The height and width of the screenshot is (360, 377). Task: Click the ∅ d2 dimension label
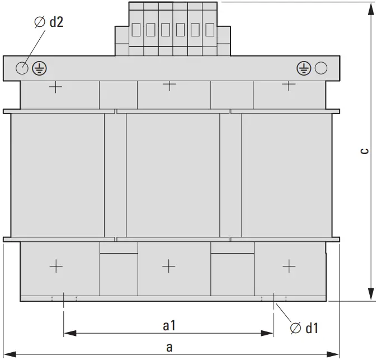pos(49,22)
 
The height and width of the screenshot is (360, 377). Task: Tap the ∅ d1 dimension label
pos(304,328)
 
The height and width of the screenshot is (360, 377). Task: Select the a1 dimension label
pos(169,326)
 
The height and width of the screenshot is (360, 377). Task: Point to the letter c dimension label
pos(365,151)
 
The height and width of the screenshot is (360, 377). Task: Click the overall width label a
pos(169,348)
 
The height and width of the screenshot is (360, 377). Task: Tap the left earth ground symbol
pos(39,68)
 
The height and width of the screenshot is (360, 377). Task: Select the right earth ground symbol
pos(304,68)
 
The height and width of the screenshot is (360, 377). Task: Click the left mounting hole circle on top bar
pos(22,68)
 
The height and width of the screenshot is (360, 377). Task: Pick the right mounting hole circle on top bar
pos(321,68)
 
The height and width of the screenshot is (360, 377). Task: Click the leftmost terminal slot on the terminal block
pos(136,30)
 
